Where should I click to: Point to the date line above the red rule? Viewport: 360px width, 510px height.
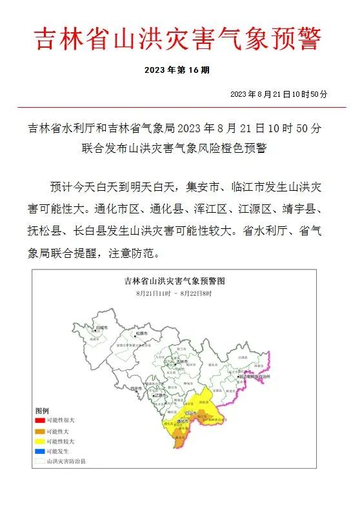pyautogui.click(x=278, y=94)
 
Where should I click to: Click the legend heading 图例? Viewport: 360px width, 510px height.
pyautogui.click(x=42, y=411)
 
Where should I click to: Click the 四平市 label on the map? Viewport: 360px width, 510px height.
pyautogui.click(x=135, y=389)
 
